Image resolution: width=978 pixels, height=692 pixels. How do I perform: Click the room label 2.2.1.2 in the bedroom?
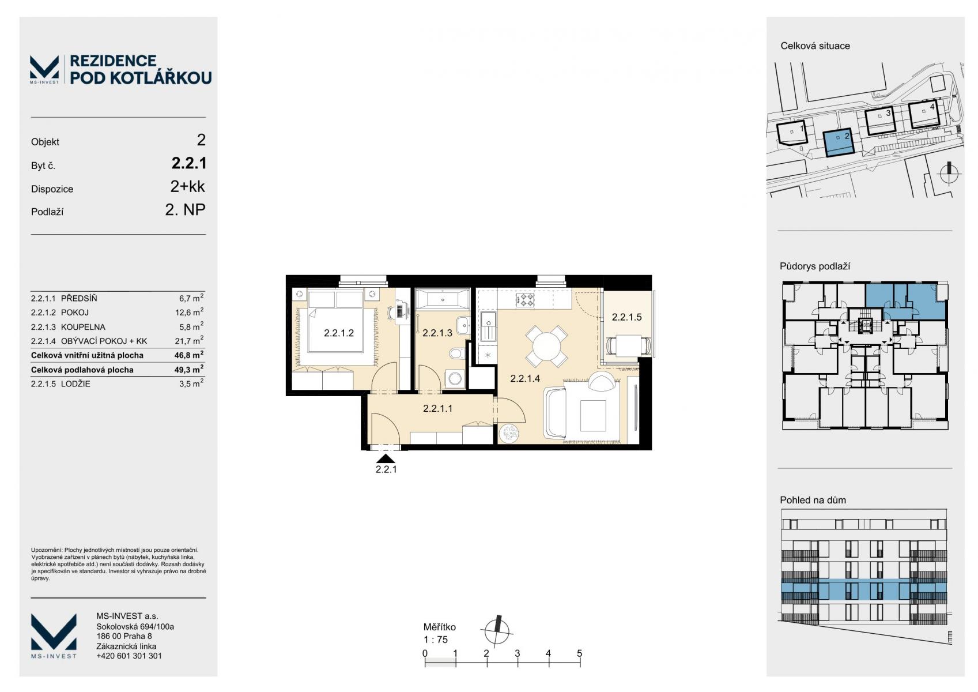[338, 333]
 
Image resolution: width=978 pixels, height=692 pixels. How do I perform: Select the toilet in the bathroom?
[456, 353]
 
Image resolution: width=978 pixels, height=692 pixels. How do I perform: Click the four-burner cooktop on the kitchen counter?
[525, 300]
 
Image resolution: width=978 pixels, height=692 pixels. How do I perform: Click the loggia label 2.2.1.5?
[626, 317]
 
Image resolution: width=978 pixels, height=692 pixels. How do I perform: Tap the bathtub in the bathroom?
[442, 300]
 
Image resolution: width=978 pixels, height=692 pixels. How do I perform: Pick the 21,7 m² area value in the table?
[189, 340]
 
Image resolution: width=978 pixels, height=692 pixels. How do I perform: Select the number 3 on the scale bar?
[518, 653]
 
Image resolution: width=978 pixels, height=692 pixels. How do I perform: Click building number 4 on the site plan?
[932, 106]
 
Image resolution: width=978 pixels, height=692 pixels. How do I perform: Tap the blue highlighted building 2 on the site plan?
[839, 143]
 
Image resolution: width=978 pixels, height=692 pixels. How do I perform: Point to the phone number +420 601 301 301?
[129, 656]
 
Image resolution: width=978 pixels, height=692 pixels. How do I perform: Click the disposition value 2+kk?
[187, 186]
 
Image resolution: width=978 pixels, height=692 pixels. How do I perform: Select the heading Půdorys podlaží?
[815, 266]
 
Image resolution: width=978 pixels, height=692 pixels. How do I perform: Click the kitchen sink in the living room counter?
[488, 326]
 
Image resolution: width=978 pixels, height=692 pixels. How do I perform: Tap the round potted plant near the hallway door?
[509, 434]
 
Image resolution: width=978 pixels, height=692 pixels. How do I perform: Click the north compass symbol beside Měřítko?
[496, 631]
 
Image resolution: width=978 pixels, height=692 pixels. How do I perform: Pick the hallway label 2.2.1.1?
[437, 408]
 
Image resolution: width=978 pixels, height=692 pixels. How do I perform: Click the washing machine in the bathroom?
[455, 379]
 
